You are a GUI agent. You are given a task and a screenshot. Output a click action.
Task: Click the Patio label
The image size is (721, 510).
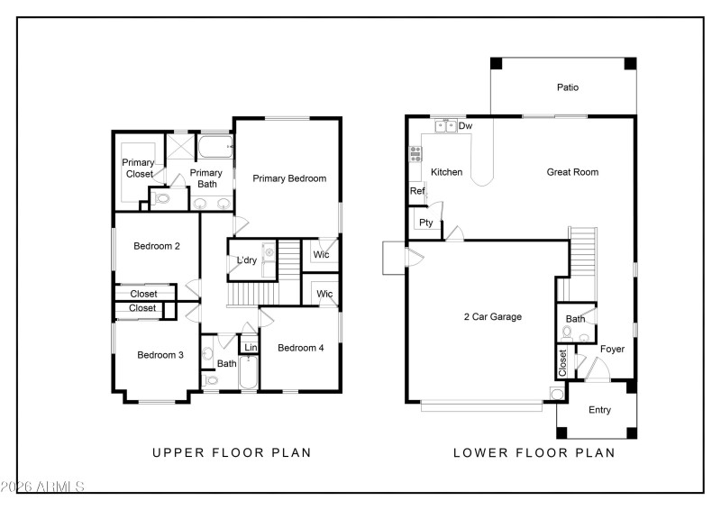(567, 87)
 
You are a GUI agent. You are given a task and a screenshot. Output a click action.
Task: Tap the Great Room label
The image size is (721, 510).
(572, 172)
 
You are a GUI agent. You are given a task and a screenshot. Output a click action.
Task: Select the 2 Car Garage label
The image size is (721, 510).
(492, 317)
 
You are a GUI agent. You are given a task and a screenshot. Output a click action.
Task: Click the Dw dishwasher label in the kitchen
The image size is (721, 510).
(465, 126)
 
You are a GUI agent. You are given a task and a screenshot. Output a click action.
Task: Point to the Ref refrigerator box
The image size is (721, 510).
(417, 191)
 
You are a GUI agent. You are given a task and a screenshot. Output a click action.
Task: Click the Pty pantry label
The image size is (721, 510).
(425, 223)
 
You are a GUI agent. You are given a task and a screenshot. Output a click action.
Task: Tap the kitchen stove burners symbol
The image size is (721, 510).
(415, 155)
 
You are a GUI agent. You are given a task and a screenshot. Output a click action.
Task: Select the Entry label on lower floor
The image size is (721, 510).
(599, 410)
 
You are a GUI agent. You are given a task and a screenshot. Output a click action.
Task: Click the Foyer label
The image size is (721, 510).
(612, 349)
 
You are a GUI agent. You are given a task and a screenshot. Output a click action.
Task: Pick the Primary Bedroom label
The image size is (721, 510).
(288, 178)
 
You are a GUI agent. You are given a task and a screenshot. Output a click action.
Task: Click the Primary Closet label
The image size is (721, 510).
(139, 168)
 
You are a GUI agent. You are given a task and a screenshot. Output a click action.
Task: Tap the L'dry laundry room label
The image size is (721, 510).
(247, 261)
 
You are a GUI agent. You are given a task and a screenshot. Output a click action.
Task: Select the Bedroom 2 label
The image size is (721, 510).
(157, 246)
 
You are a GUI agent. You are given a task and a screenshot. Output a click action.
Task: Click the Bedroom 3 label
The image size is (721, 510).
(160, 355)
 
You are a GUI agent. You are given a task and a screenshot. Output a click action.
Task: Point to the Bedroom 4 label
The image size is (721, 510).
(300, 348)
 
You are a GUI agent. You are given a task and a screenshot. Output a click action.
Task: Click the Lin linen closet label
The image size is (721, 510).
(251, 348)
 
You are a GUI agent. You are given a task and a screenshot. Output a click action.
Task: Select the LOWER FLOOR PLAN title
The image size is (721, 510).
(534, 452)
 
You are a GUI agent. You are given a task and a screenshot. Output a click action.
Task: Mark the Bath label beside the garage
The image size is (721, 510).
(575, 319)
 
